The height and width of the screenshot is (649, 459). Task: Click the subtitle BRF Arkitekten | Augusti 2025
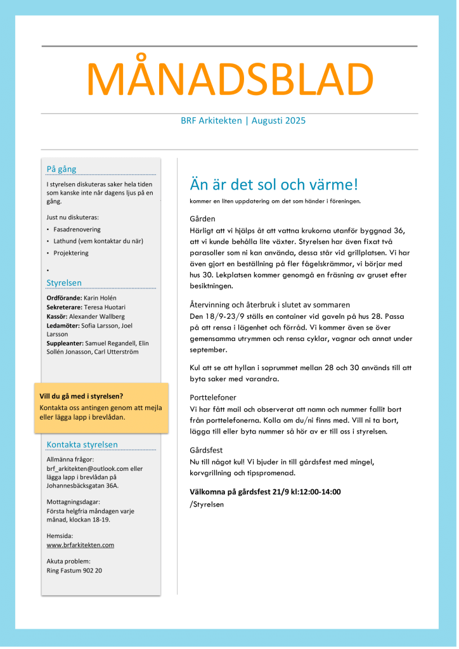[243, 120]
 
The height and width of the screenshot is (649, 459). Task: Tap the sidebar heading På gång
[61, 169]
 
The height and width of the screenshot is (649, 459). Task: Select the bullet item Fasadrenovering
[77, 229]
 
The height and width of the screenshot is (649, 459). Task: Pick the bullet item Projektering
[71, 253]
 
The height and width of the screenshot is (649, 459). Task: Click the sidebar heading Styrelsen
[64, 283]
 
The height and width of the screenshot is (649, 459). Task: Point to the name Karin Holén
[100, 298]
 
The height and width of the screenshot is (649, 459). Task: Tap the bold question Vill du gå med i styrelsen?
[81, 397]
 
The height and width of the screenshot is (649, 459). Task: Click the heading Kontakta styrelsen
[82, 444]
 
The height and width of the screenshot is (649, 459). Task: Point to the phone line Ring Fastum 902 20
[74, 570]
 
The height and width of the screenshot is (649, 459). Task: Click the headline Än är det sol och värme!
[274, 185]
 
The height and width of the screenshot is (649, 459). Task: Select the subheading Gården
[202, 219]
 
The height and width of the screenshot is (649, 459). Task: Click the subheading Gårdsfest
[206, 450]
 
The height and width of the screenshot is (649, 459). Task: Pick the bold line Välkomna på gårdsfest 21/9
[266, 492]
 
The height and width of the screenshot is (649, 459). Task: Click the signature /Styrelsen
[207, 504]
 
